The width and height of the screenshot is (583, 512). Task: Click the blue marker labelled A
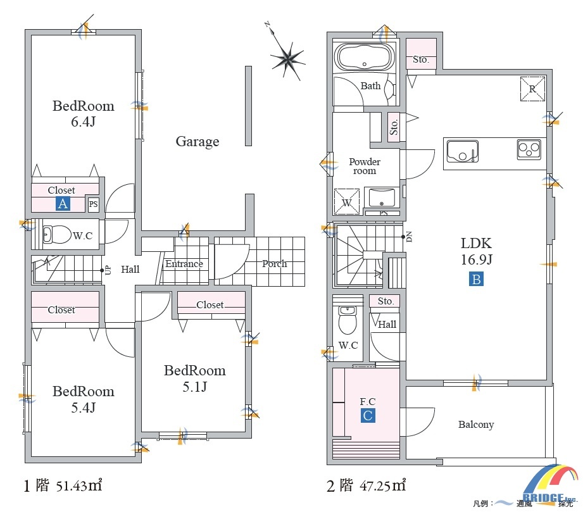63,204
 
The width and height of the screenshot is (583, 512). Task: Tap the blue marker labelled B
476,278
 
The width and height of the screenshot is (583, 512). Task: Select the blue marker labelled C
367,415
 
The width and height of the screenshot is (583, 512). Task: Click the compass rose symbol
288,59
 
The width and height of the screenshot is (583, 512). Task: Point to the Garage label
197,142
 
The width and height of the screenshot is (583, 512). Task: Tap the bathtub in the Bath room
365,57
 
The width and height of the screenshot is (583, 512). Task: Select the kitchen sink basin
462,151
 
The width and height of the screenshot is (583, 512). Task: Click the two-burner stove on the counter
529,149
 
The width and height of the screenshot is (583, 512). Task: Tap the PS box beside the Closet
93,204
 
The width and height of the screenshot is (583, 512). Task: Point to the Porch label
274,264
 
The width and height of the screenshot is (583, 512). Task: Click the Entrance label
184,264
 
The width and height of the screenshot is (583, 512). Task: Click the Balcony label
476,425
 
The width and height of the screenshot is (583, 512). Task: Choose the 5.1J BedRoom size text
195,387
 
